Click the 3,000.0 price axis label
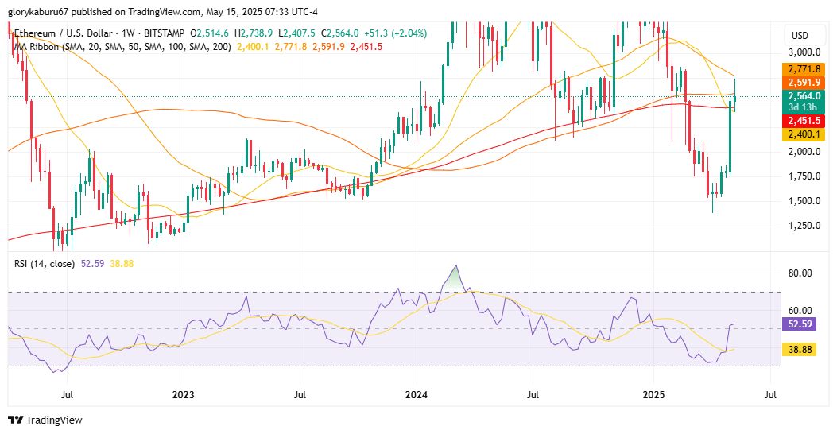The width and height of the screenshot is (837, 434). (804, 52)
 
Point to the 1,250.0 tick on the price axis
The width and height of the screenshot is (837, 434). (804, 226)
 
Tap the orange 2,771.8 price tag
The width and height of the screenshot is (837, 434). (804, 69)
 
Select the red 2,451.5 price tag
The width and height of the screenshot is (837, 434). (804, 121)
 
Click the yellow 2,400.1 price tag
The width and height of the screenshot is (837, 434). (804, 135)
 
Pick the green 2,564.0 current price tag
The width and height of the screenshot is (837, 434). (804, 95)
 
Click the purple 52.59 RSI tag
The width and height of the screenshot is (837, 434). (804, 324)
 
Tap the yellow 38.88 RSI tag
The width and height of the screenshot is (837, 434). (804, 349)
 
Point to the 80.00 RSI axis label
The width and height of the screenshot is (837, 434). (800, 273)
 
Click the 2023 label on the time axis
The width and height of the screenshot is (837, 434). (183, 394)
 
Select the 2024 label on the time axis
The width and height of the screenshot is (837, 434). (417, 394)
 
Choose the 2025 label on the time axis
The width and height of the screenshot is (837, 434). (653, 394)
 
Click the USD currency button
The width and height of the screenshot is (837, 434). (800, 35)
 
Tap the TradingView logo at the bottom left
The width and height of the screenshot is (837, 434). (45, 420)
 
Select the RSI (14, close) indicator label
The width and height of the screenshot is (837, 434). (45, 263)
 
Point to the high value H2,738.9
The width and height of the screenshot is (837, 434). (254, 33)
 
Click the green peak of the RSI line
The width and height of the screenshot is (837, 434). (455, 267)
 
